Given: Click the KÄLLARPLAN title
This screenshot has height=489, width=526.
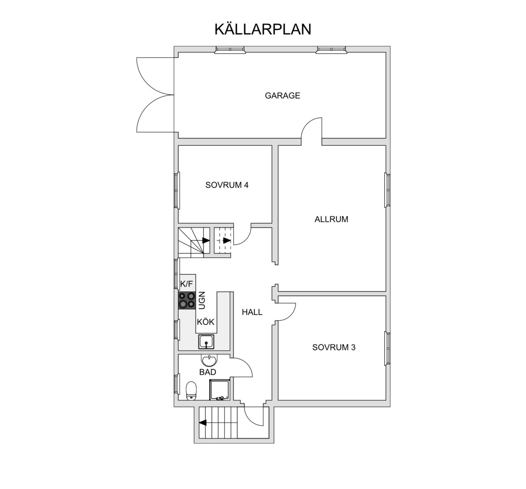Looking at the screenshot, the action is [263, 29].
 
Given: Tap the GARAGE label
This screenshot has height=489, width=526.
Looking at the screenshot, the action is [282, 96].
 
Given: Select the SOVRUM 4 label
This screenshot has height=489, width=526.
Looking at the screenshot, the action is [227, 185].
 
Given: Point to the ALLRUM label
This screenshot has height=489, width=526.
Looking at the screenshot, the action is [332, 219].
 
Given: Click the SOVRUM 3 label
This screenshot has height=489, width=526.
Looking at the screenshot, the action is [334, 347].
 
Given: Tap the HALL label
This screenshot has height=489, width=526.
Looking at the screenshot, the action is [252, 312].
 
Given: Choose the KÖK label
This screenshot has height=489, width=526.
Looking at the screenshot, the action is [206, 322].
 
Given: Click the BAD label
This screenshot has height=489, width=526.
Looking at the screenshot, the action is [208, 372].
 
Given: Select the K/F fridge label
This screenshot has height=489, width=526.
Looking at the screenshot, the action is [187, 284].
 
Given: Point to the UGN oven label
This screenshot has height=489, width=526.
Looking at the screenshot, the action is [202, 301].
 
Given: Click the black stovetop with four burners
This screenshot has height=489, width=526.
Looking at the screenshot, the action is [187, 300].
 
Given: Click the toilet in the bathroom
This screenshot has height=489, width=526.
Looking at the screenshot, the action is [191, 390].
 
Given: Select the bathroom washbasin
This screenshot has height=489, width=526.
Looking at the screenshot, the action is [209, 360].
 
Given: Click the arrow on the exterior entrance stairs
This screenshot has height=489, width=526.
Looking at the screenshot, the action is [203, 422].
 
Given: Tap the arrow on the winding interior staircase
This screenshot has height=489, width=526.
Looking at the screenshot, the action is [206, 240].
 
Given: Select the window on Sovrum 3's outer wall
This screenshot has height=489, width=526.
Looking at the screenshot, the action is [387, 348].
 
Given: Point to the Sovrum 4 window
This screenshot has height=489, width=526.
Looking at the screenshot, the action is [177, 190].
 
